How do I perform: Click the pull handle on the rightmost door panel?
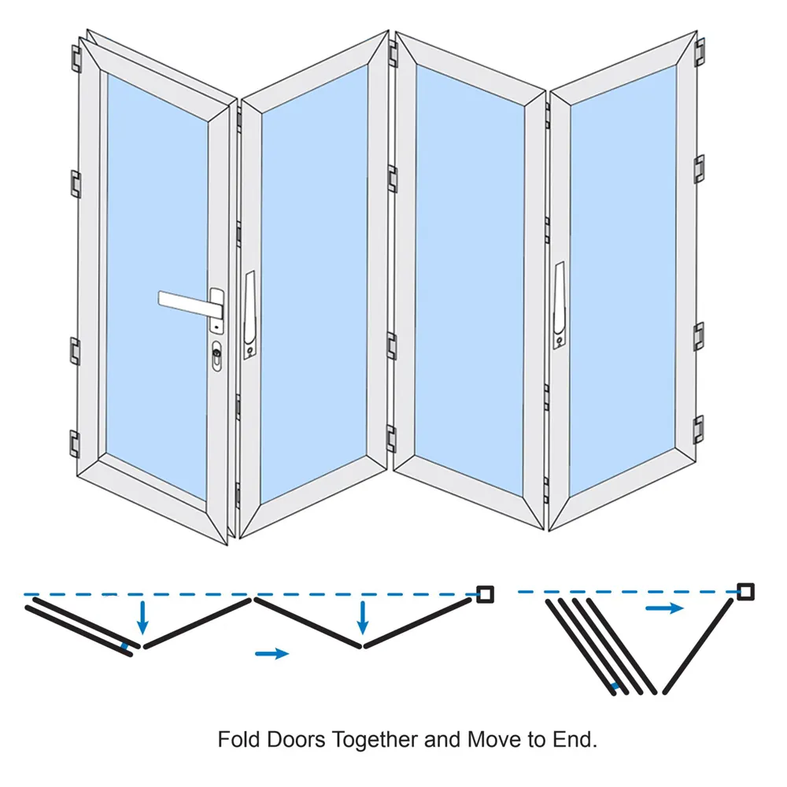pyautogui.click(x=559, y=304)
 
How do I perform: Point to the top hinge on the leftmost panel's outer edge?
pyautogui.click(x=76, y=59)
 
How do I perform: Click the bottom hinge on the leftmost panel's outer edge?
pyautogui.click(x=76, y=443)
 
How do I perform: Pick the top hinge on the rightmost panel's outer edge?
pyautogui.click(x=699, y=52)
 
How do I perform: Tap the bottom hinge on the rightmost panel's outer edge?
pyautogui.click(x=698, y=428)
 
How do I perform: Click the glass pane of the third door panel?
pyautogui.click(x=469, y=275)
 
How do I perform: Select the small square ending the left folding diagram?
pyautogui.click(x=485, y=594)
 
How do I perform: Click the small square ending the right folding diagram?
pyautogui.click(x=745, y=591)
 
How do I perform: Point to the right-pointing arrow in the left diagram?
pyautogui.click(x=273, y=652)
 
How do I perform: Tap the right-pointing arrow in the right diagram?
pyautogui.click(x=663, y=608)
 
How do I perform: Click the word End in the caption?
pyautogui.click(x=580, y=741)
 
